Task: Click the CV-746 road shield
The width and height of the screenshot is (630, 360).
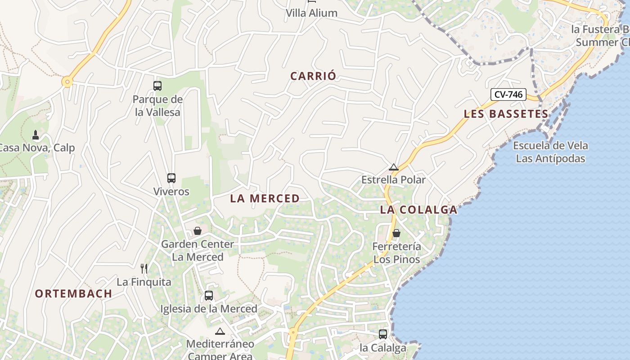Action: coord(508,94)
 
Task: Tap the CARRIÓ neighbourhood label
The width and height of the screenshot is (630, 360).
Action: coord(313,76)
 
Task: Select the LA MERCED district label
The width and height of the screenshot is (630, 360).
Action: coord(265,198)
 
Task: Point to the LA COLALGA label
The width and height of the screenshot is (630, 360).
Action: coord(418,210)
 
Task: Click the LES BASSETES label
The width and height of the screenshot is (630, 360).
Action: coord(506,114)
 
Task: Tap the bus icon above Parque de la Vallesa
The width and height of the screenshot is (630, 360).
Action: coord(157,85)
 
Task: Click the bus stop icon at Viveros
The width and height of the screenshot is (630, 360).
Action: coord(171,178)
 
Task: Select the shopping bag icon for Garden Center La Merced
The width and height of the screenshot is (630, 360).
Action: coord(198,231)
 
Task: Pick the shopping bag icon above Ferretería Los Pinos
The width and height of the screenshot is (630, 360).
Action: coord(396,233)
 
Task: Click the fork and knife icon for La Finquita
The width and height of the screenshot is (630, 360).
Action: coord(144,269)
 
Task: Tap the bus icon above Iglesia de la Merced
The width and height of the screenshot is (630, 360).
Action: coord(209,296)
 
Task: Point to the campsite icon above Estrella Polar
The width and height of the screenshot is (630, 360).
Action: coord(394,167)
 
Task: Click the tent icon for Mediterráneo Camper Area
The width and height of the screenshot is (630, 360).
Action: coord(220,332)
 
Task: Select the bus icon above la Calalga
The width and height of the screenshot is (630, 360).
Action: coord(383,334)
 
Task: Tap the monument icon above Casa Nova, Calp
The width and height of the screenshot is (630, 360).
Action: coord(36,135)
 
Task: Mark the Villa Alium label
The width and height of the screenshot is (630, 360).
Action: coord(311,13)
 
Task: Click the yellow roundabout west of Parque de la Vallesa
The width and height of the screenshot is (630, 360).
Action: coord(67,82)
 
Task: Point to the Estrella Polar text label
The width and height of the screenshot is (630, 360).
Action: coord(393,180)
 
